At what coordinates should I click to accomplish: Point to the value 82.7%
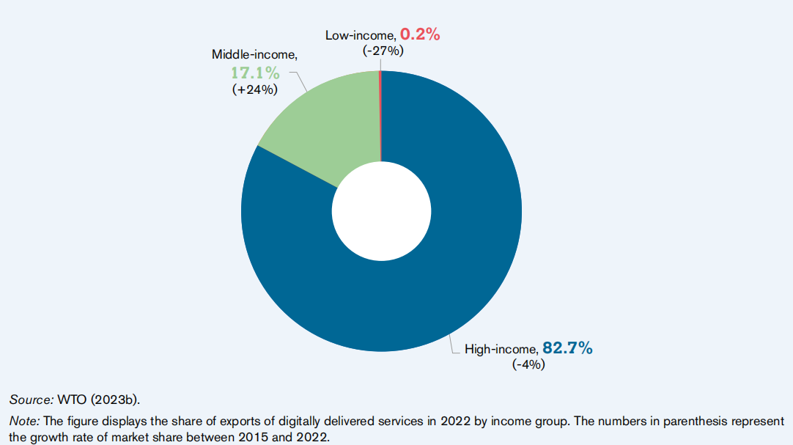(x=567, y=348)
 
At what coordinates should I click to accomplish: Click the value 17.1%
(x=256, y=73)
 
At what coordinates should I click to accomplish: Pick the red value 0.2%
(x=420, y=34)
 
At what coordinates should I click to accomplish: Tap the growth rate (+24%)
(x=254, y=90)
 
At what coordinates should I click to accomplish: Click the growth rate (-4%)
(x=528, y=364)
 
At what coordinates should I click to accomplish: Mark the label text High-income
(x=501, y=350)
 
